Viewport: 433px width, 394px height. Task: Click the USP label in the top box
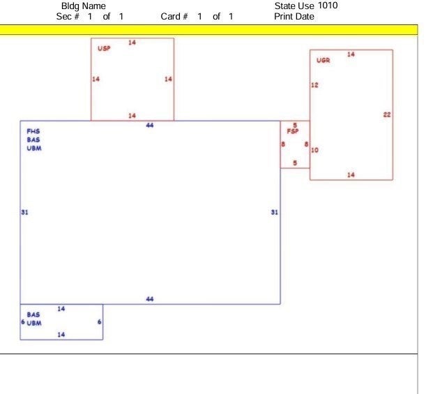(104, 48)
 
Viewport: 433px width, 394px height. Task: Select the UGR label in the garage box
(323, 60)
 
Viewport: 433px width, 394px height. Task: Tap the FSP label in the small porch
(293, 131)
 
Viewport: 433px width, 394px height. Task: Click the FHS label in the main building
(33, 131)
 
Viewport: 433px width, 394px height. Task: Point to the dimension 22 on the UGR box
(387, 114)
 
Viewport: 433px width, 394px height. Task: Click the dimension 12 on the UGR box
(314, 85)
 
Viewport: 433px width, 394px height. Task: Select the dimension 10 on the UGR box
(314, 150)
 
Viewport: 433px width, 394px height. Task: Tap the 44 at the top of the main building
(150, 126)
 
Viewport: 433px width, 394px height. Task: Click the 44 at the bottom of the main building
(150, 299)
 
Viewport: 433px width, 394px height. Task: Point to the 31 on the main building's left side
(24, 212)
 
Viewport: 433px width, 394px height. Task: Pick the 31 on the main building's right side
(275, 212)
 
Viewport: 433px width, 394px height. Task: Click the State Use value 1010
(328, 6)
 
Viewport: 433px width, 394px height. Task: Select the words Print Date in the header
(294, 17)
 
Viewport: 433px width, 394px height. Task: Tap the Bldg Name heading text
(84, 6)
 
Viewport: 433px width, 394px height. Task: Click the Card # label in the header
(174, 17)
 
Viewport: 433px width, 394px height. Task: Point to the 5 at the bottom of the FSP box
(295, 163)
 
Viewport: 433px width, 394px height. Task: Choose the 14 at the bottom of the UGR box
(351, 175)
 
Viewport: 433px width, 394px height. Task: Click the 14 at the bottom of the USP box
(132, 116)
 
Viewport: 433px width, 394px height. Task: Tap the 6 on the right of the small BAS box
(100, 321)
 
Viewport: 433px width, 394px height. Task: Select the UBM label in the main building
(34, 149)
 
